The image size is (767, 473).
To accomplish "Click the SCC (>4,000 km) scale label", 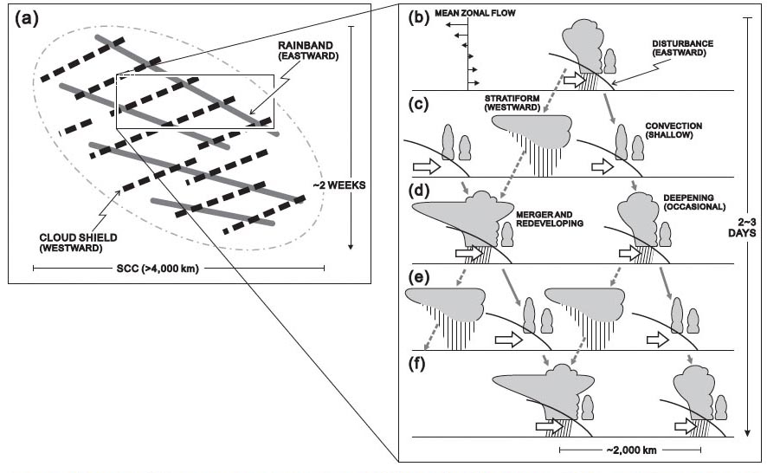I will point(180,270).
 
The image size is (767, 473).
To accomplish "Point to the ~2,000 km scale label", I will point(631,450).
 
